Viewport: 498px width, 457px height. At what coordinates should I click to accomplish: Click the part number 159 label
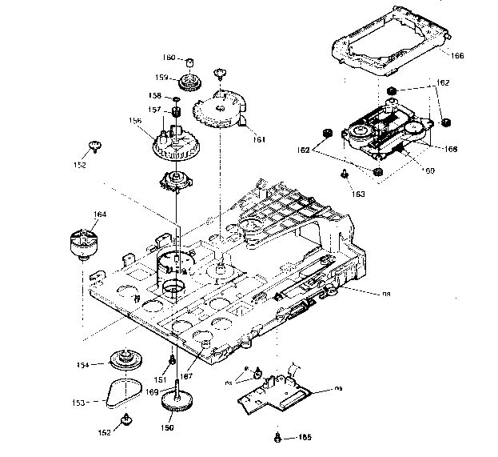[161, 78]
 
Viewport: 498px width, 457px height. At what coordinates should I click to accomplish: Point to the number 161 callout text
[259, 138]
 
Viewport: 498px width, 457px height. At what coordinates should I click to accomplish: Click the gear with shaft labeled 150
[177, 401]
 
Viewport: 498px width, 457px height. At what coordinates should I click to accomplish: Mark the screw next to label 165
[277, 436]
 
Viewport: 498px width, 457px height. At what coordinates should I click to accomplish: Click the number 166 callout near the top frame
[457, 55]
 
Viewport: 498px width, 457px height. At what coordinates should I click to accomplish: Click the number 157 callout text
[154, 110]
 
